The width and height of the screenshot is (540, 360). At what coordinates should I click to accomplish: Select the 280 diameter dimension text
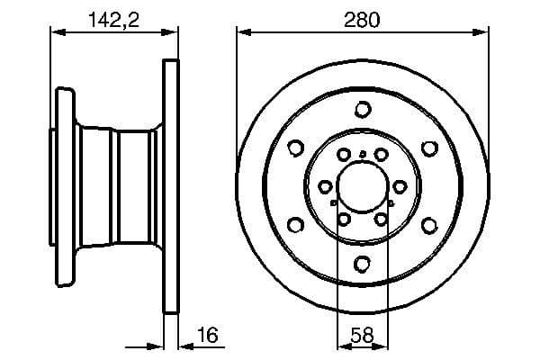pos(363,17)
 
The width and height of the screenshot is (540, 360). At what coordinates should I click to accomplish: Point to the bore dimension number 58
pos(362,335)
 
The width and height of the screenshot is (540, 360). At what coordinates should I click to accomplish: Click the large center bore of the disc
pos(362,186)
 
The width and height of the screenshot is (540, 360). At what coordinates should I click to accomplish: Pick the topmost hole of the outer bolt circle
pos(363,110)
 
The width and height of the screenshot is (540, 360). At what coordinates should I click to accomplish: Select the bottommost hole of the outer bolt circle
pos(363,264)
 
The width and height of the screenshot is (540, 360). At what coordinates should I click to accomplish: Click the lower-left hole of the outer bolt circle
pos(296,225)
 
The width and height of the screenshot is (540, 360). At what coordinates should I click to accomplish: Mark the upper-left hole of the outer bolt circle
pos(296,148)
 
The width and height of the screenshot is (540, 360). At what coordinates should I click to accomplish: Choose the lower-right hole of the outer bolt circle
pos(429,225)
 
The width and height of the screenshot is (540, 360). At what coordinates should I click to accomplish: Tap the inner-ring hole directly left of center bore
pos(325,186)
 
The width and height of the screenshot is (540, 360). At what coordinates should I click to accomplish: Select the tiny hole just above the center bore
pos(363,155)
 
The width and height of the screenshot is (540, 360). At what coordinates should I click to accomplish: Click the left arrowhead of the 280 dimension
pos(241,31)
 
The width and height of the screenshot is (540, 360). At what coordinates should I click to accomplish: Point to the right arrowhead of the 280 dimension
pos(484,31)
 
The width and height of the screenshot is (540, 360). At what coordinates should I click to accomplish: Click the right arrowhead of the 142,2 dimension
pos(172,31)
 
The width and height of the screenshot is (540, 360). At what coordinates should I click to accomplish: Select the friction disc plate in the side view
pos(170,187)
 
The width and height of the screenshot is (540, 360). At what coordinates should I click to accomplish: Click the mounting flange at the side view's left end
pos(61,187)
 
